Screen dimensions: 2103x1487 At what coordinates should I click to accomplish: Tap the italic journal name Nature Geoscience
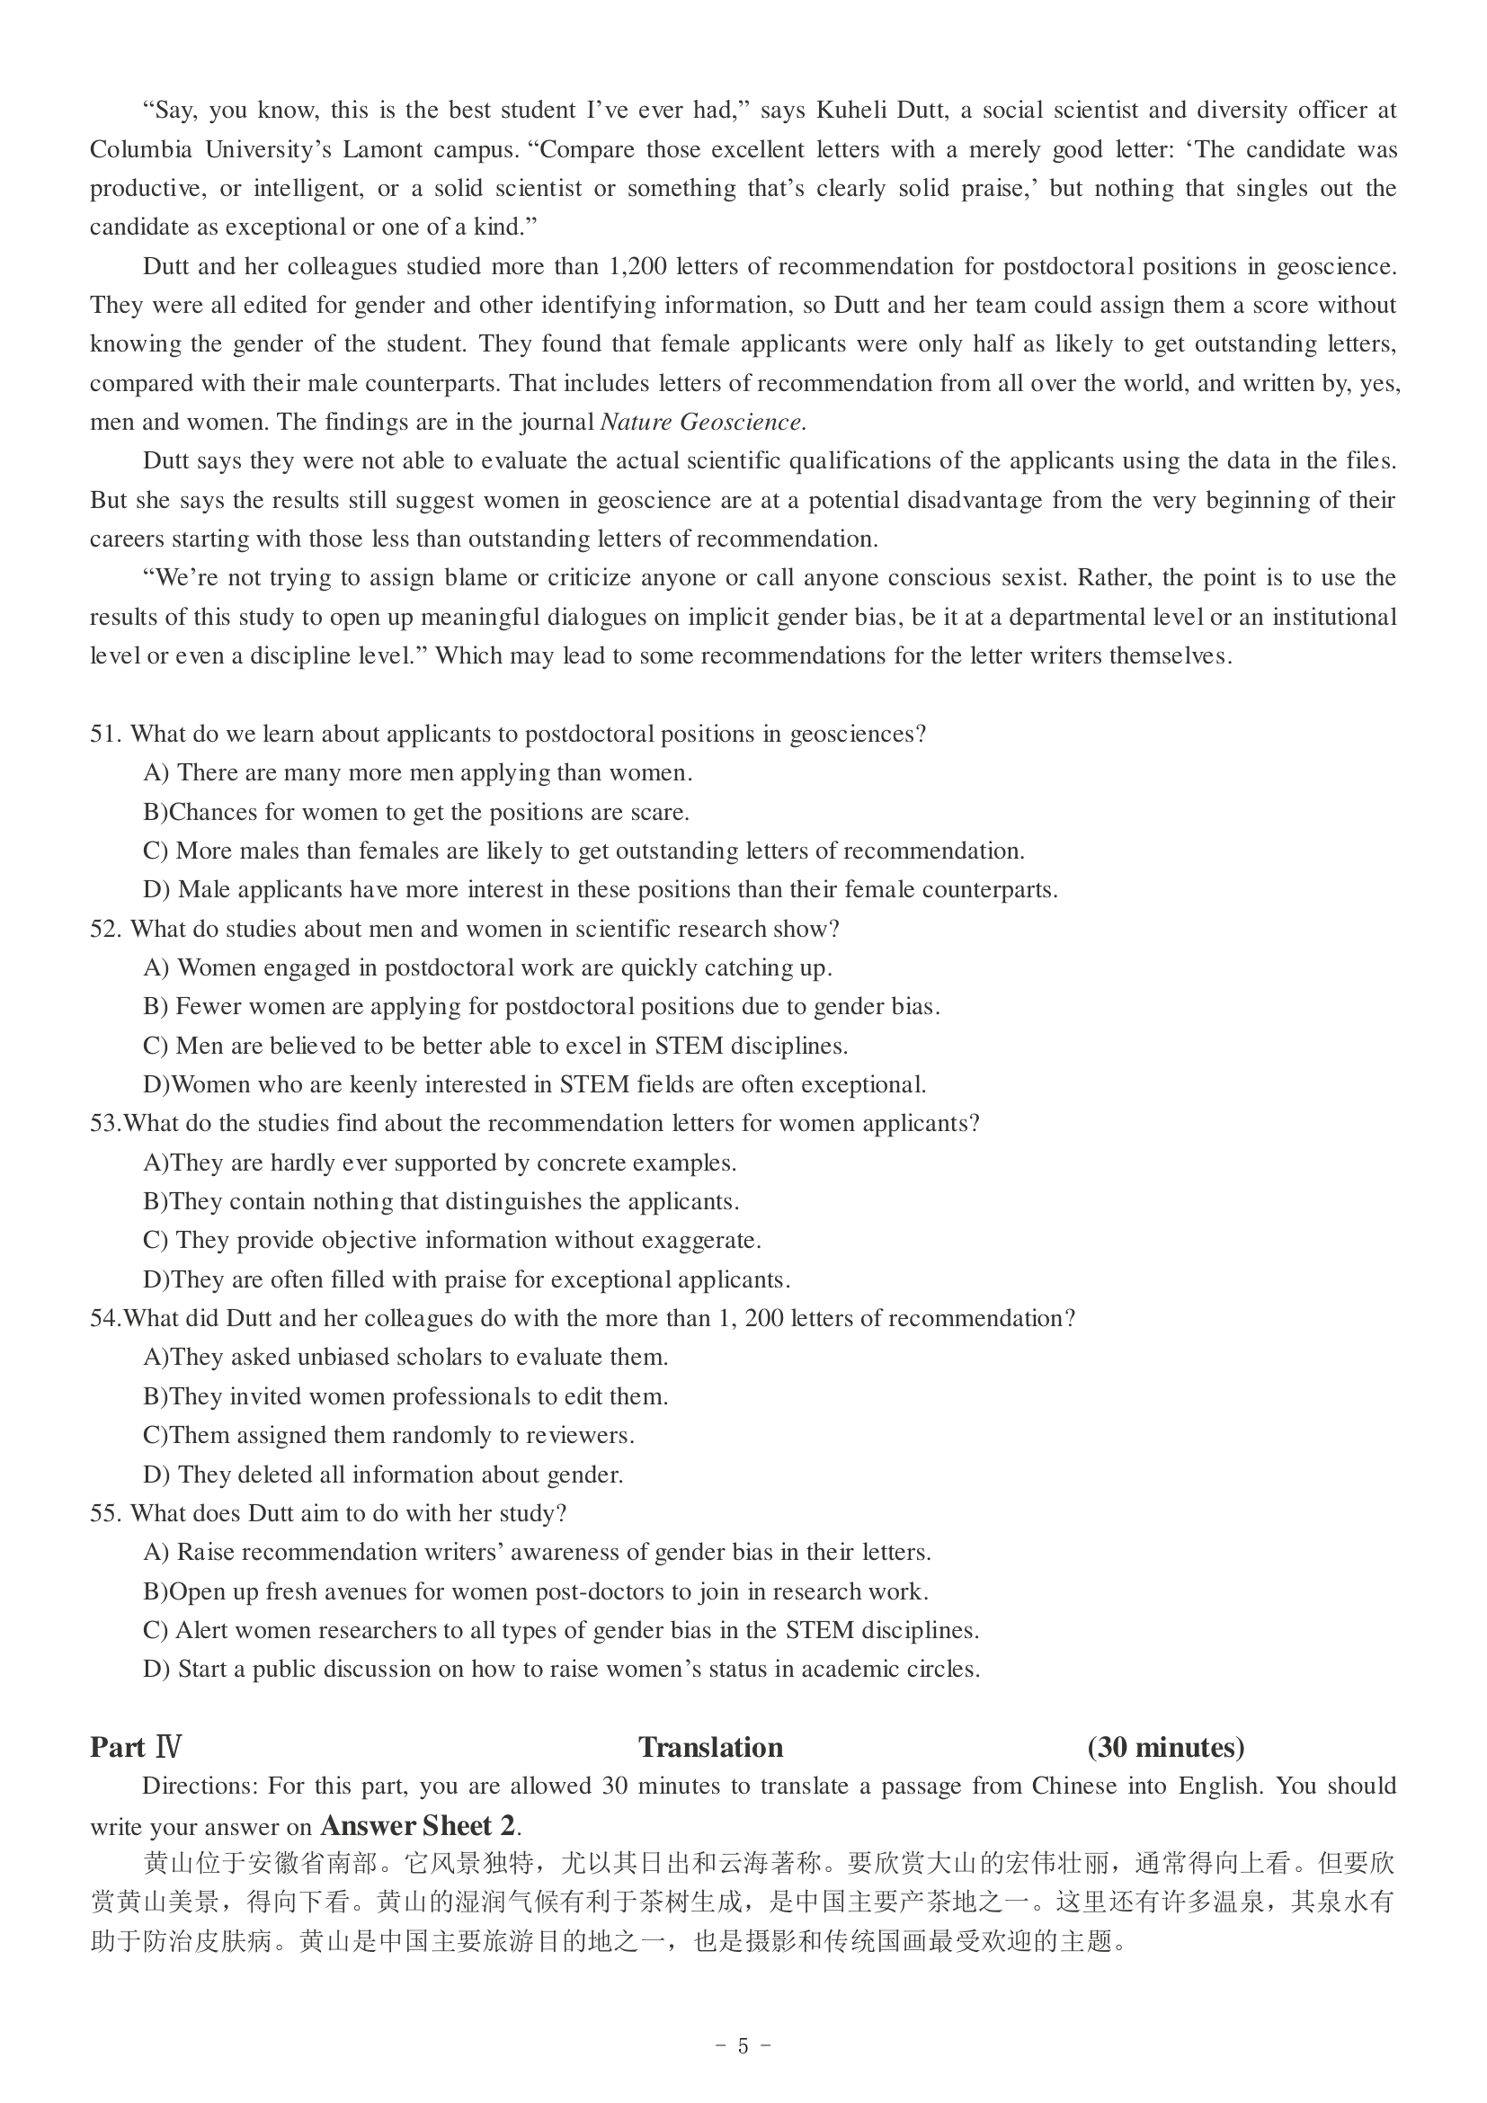702,423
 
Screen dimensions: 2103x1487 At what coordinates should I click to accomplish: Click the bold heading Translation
710,1748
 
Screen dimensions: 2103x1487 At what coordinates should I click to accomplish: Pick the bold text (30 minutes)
1166,1748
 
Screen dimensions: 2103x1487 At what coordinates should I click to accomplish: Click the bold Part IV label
136,1748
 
